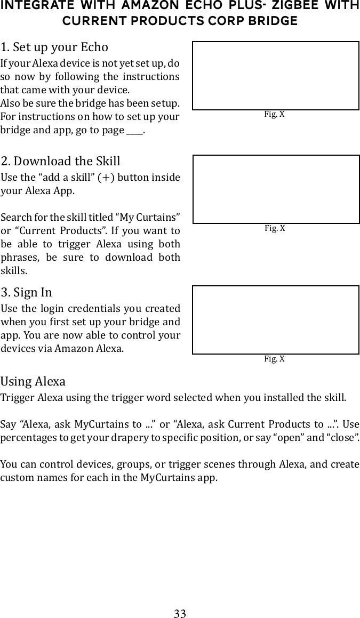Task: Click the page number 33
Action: [x=180, y=613]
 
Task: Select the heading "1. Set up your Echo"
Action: [x=54, y=47]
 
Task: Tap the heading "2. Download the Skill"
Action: [x=60, y=161]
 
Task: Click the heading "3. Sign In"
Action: [x=26, y=292]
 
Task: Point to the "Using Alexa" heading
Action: [x=33, y=382]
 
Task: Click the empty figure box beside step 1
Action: [x=276, y=76]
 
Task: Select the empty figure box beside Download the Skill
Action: [x=276, y=189]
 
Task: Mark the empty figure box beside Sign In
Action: [x=276, y=320]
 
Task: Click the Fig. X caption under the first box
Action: [x=275, y=114]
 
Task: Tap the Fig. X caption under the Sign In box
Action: [x=275, y=359]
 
